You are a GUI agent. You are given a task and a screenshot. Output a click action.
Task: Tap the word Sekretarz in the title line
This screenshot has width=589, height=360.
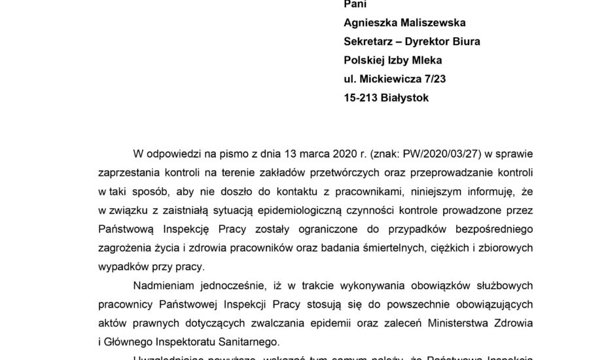pyautogui.click(x=370, y=42)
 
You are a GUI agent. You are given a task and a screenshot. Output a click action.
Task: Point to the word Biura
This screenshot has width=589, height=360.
pyautogui.click(x=465, y=42)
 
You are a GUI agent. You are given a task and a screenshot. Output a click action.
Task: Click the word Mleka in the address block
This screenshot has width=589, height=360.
pyautogui.click(x=428, y=61)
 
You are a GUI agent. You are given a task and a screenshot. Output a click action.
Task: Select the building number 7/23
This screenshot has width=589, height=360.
pyautogui.click(x=437, y=80)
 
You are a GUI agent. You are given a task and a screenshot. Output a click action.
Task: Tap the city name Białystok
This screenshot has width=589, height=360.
pyautogui.click(x=407, y=99)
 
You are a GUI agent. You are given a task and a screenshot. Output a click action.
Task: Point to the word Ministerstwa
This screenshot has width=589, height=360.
pyautogui.click(x=438, y=323)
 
